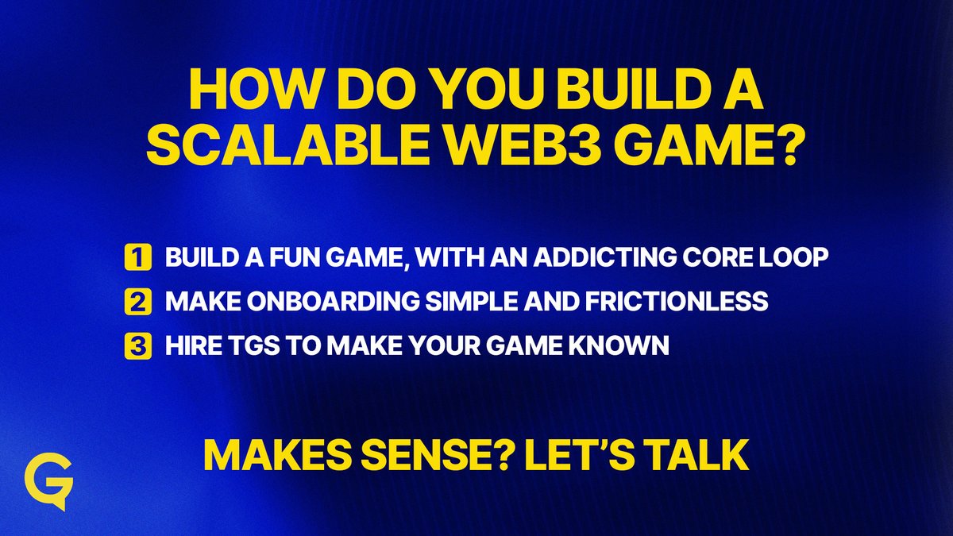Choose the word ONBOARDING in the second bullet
pyautogui.click(x=314, y=303)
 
